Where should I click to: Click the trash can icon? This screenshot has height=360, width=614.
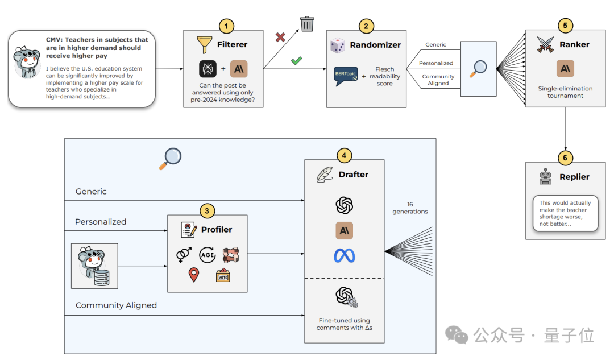click(307, 23)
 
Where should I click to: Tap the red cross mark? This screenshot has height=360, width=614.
click(280, 37)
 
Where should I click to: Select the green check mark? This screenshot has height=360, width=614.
click(296, 61)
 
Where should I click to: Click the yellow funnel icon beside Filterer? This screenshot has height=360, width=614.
click(205, 45)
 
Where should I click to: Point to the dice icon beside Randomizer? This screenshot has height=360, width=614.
click(338, 45)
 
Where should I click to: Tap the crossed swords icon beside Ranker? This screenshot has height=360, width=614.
click(545, 45)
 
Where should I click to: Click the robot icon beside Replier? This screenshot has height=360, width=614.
click(545, 177)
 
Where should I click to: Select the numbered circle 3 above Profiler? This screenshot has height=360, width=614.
click(207, 211)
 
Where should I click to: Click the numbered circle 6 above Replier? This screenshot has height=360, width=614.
click(565, 158)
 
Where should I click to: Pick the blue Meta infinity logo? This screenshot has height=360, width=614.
click(344, 256)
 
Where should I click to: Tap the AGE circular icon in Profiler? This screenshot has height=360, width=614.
click(207, 255)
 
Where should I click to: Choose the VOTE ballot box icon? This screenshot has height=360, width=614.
click(223, 275)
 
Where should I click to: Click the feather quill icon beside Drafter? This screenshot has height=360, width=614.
click(325, 175)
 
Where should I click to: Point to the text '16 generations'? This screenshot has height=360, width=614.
click(410, 208)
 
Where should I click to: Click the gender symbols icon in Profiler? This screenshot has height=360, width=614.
click(184, 255)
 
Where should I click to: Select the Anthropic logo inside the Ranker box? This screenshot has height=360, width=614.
click(565, 69)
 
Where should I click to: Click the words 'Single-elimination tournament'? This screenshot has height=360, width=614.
click(565, 92)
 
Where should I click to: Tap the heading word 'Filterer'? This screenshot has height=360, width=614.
click(232, 45)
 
